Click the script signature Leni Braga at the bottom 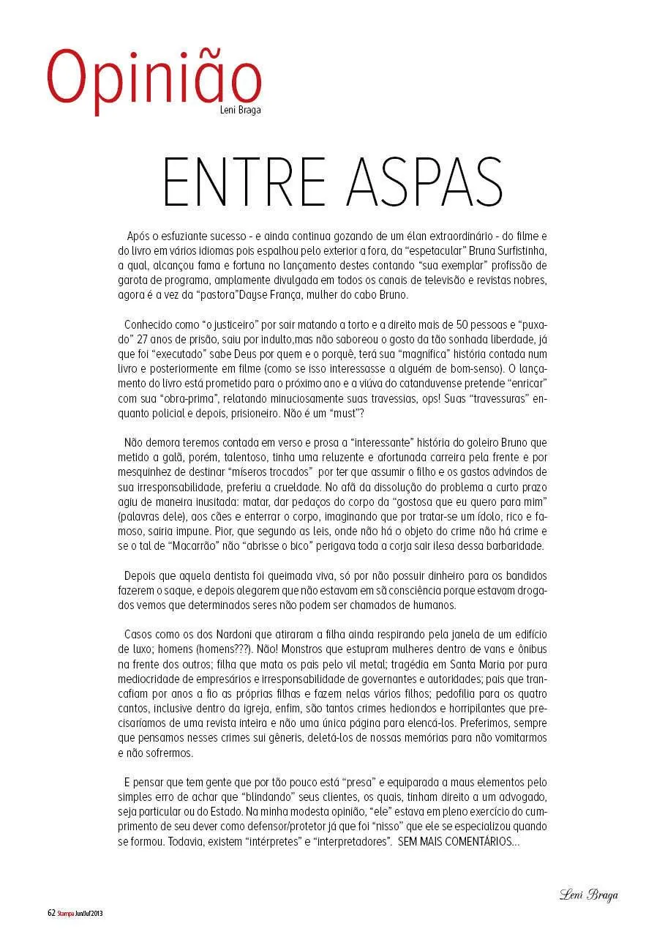(588, 894)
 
